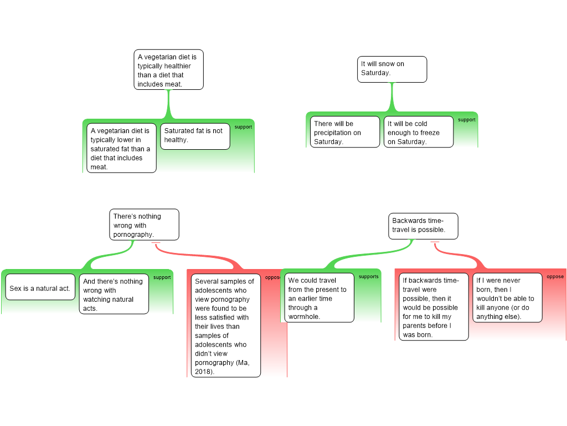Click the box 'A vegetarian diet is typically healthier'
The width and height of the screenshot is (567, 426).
(x=168, y=69)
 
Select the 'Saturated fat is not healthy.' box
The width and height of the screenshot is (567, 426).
(x=195, y=136)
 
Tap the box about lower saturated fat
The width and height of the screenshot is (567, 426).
(x=121, y=148)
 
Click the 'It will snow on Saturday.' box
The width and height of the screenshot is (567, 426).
(x=392, y=69)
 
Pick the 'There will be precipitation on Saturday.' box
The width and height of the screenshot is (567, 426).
(x=345, y=132)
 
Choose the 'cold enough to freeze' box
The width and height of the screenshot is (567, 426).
(x=419, y=132)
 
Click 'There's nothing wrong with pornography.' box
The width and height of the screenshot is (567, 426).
(x=145, y=225)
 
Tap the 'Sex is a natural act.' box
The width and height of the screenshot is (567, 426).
(x=40, y=287)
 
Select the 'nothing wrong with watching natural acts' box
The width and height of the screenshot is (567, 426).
(x=114, y=294)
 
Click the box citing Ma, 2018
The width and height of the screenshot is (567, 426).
(x=226, y=325)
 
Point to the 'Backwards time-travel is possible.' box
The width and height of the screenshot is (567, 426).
(x=423, y=226)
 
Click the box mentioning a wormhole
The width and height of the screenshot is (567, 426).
(x=319, y=297)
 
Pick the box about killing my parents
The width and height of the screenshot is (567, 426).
(x=434, y=306)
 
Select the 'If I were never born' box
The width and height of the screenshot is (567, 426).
(x=507, y=297)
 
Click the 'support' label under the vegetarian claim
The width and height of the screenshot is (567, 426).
(x=244, y=127)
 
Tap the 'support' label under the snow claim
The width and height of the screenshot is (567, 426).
(x=467, y=120)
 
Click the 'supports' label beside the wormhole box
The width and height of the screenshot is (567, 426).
(x=368, y=276)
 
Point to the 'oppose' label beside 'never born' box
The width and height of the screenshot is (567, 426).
(x=555, y=276)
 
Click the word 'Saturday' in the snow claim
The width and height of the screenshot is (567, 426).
(x=375, y=73)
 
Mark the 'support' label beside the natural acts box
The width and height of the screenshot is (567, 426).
(x=162, y=277)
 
